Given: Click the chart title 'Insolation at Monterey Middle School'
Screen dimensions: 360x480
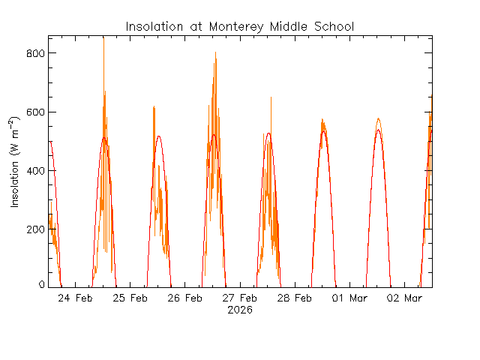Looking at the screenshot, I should point(239,27).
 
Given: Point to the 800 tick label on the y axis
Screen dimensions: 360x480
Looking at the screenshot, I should point(34,53).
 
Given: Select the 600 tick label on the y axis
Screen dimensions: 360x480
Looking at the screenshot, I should point(34,112).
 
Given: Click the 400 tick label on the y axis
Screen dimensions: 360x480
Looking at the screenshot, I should point(34,170).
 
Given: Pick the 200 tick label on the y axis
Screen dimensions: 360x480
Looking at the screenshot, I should point(34,229).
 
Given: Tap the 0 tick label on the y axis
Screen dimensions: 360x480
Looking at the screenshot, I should point(42,286).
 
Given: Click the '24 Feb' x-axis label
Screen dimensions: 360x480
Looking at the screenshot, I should point(75,298).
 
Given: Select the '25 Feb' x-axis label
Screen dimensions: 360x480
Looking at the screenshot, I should point(130,298).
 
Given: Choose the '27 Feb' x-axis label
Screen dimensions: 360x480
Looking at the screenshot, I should point(240,298).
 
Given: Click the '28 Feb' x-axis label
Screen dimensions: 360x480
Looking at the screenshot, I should point(295,298).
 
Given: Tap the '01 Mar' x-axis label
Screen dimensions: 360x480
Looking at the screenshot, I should point(349,298).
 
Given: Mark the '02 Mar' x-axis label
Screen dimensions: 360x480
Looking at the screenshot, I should point(404,298).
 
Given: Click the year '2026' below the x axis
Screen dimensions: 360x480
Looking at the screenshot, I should point(240,310).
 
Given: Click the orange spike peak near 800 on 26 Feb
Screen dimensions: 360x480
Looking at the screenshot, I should point(215,53).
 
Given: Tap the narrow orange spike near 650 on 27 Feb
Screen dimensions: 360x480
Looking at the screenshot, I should point(271,98).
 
